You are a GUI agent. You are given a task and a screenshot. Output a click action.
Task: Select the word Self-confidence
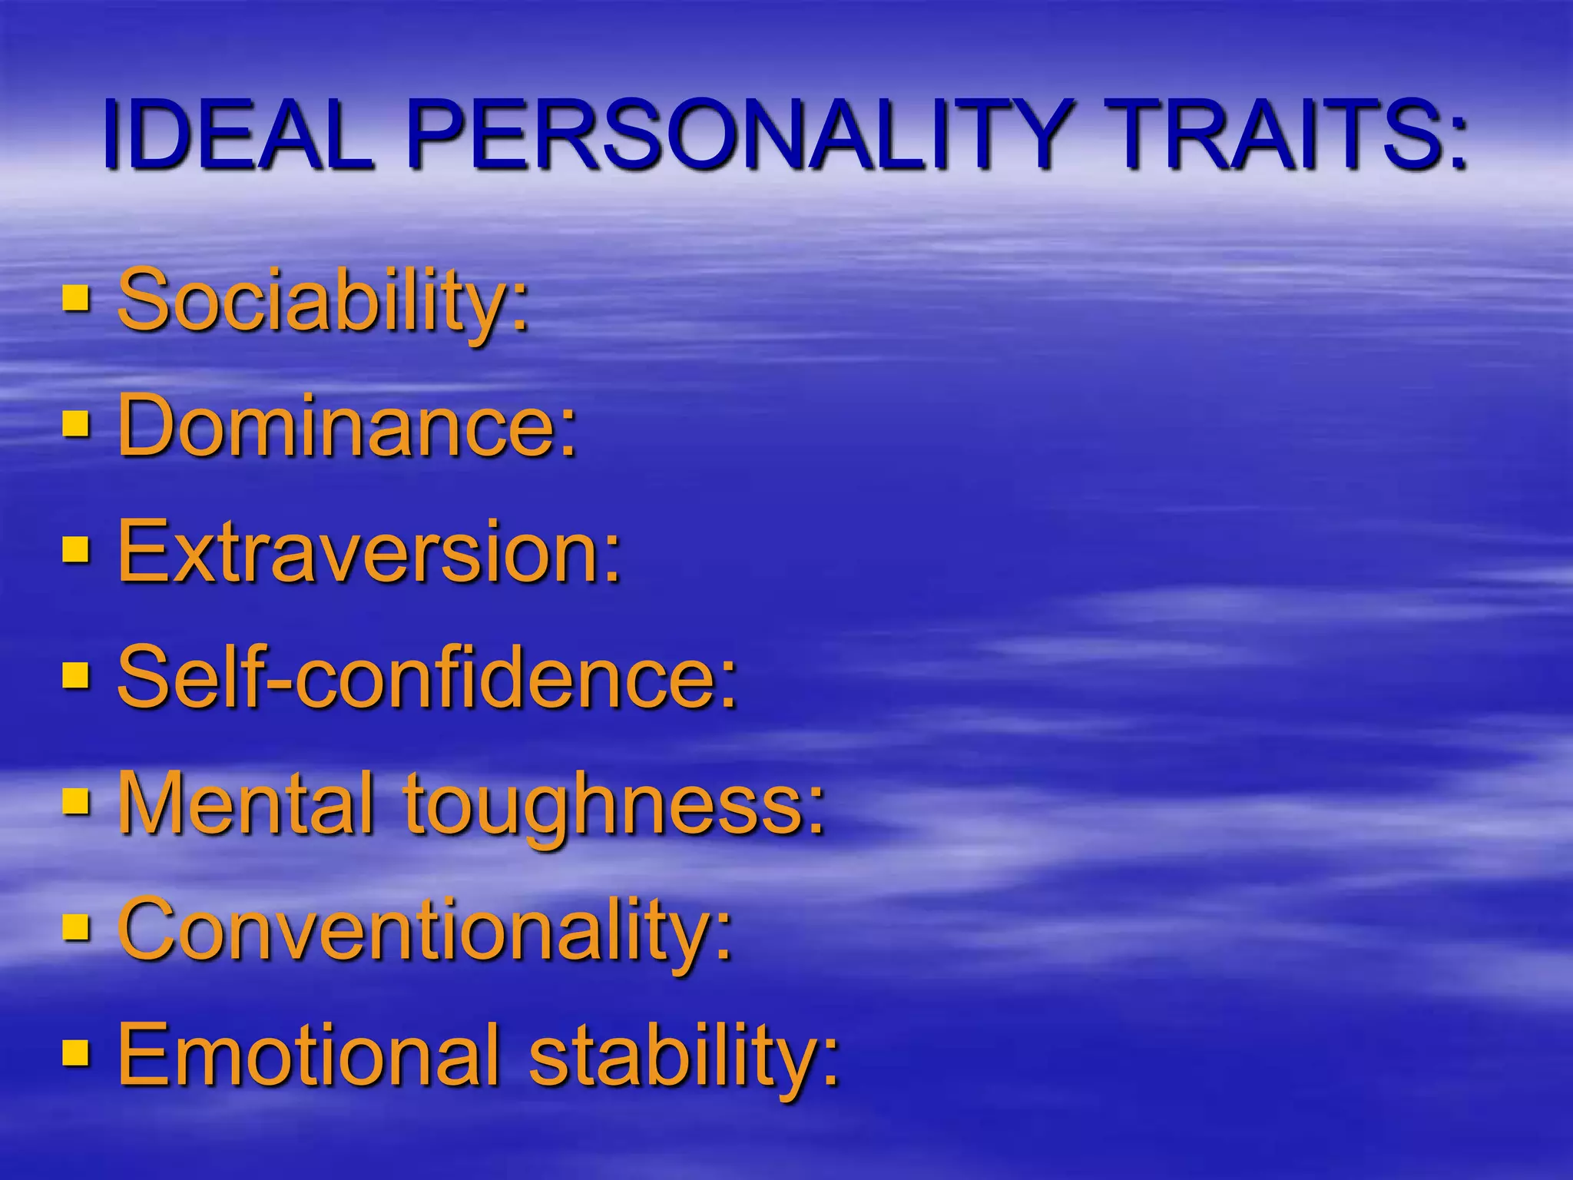pyautogui.click(x=419, y=676)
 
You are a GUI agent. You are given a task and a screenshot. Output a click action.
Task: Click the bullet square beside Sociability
pyautogui.click(x=75, y=297)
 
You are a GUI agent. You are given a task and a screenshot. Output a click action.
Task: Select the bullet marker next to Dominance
pyautogui.click(x=75, y=423)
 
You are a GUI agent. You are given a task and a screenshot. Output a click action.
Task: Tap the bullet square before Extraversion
pyautogui.click(x=75, y=549)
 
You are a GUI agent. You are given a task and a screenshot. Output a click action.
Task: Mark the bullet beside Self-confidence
pyautogui.click(x=75, y=675)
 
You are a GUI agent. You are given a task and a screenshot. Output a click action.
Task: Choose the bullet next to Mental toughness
pyautogui.click(x=75, y=800)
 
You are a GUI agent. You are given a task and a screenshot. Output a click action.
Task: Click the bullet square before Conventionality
pyautogui.click(x=75, y=926)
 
